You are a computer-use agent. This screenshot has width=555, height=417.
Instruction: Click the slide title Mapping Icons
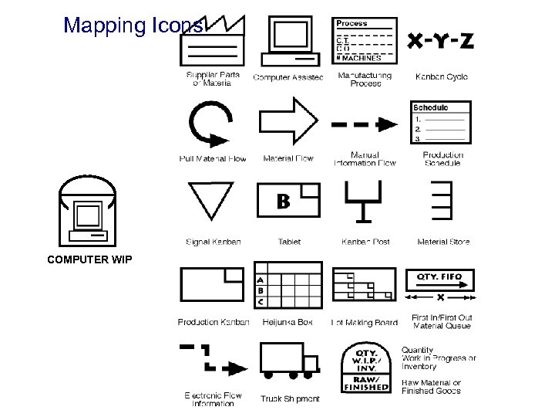133,26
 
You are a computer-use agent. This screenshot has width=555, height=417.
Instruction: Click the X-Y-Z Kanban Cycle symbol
440,41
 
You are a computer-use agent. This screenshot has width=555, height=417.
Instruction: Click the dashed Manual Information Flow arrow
364,124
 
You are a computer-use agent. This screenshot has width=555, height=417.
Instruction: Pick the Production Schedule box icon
440,122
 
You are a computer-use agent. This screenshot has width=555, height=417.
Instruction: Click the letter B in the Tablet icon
283,202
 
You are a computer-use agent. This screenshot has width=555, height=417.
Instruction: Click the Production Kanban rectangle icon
212,286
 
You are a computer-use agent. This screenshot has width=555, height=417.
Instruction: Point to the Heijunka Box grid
288,286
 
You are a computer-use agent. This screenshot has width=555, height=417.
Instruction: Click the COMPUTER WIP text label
89,259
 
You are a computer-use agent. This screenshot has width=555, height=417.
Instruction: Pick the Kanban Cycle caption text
441,76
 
